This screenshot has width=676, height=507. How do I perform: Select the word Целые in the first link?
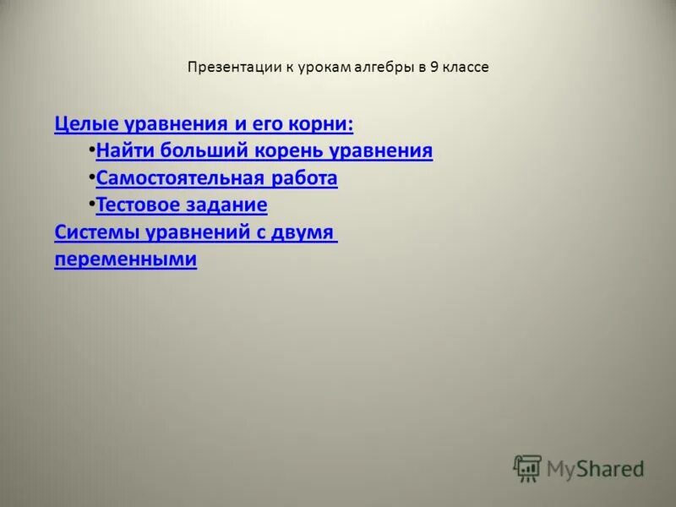87,124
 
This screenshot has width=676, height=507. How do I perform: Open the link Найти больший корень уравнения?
264,151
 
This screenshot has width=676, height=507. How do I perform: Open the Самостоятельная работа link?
217,178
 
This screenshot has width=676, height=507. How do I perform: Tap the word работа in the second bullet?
305,178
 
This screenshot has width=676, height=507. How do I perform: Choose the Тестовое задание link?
182,204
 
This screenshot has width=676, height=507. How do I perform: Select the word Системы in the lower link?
90,232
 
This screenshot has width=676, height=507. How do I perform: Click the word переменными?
125,259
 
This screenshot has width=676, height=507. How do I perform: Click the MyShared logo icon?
527,468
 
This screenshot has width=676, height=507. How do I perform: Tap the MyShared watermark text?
595,468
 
